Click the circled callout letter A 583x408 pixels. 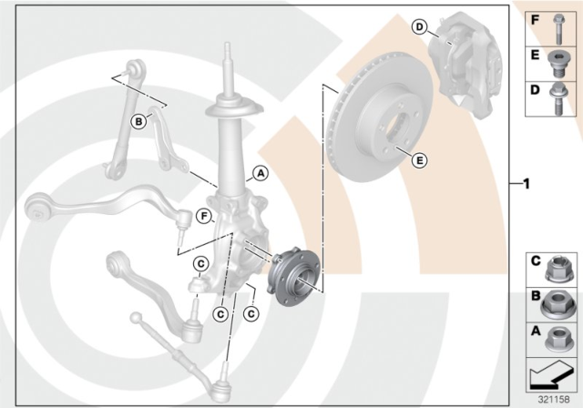point(261,173)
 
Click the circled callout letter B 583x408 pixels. point(138,121)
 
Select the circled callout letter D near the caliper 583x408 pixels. point(419,26)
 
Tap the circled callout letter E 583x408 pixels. point(419,160)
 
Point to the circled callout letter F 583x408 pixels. point(204,216)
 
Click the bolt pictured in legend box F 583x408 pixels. point(558,29)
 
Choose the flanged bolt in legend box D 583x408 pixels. point(557,99)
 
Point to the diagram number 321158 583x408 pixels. point(554,400)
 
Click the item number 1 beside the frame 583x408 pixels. point(527,184)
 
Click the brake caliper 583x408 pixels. point(464,63)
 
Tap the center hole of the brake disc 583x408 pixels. point(398,126)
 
